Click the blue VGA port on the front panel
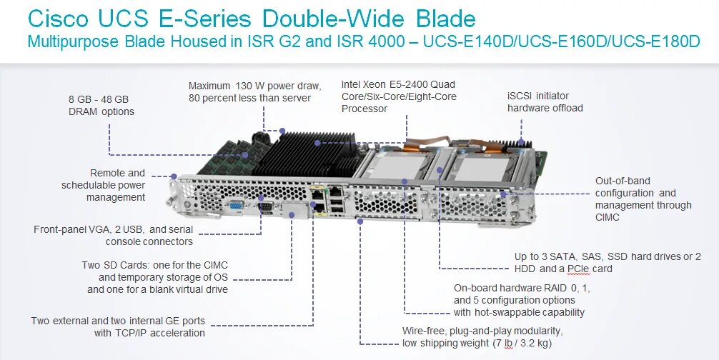[x=234, y=206]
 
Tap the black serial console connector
[x=264, y=207]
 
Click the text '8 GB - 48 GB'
[x=98, y=99]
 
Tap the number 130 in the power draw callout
[x=245, y=86]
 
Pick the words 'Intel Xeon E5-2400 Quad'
[x=398, y=84]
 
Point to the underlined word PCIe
[x=578, y=269]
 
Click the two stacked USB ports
[x=336, y=205]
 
